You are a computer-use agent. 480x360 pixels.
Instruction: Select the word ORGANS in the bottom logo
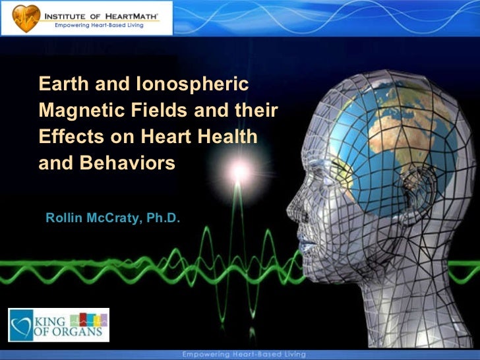coord(78,332)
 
